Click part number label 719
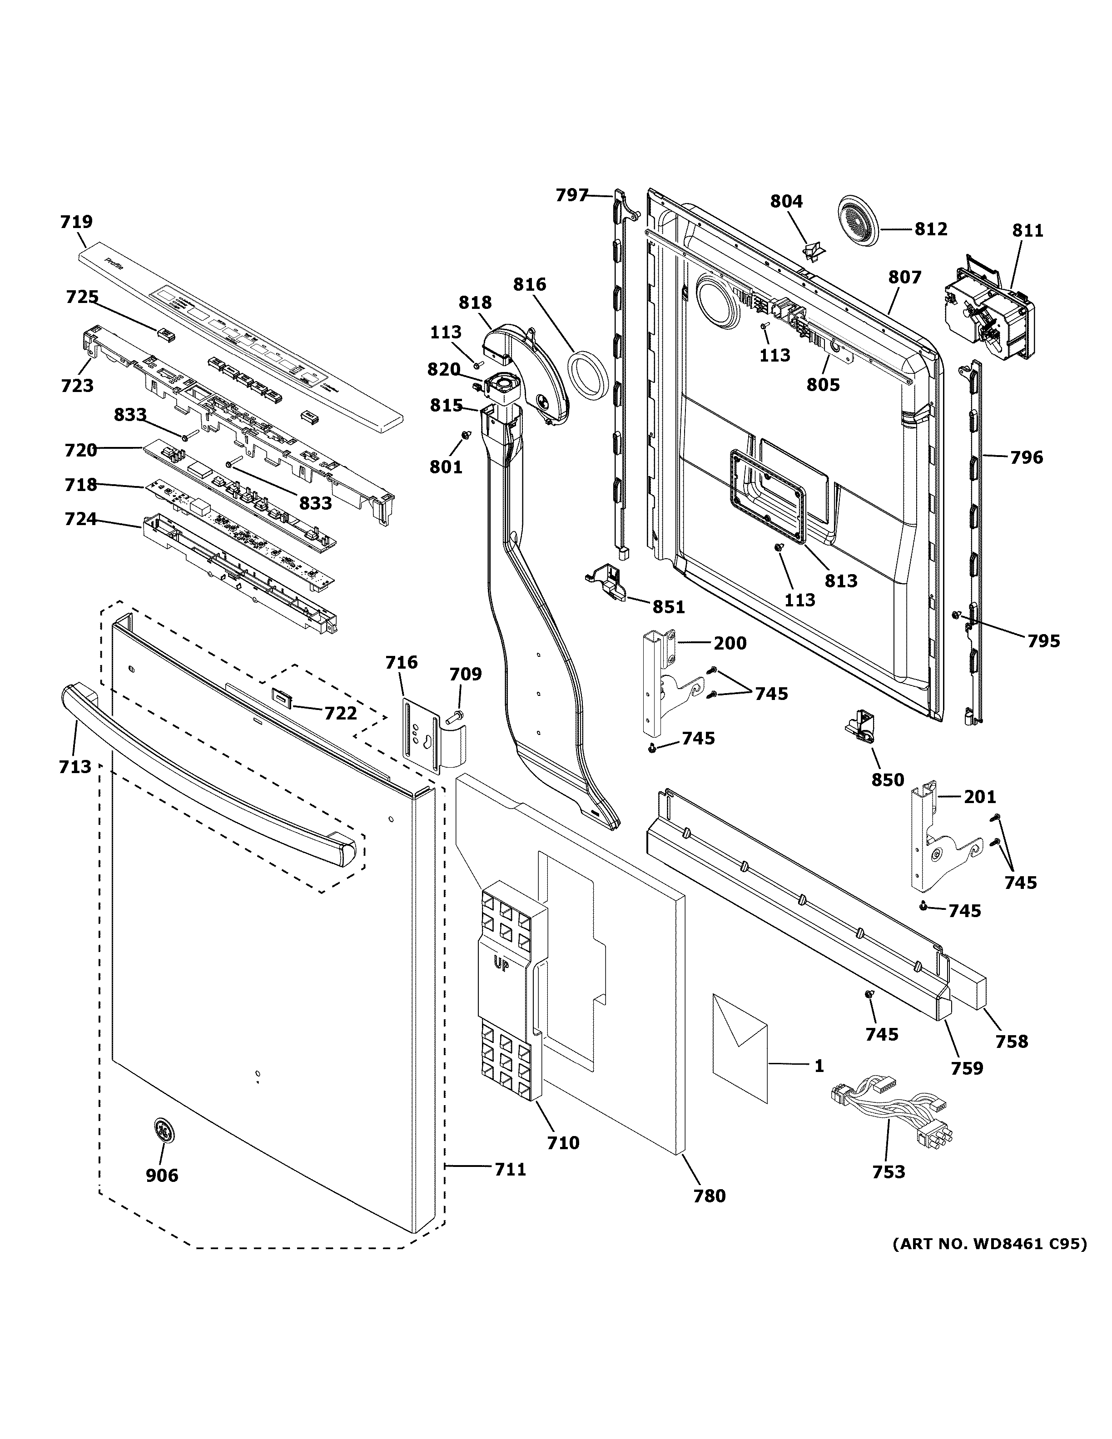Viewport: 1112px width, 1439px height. click(x=76, y=222)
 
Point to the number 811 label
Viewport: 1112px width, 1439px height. click(x=1028, y=231)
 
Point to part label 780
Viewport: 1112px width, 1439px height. click(x=709, y=1196)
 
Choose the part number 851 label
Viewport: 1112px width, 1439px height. click(x=669, y=606)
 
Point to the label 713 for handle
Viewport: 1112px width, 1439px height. click(x=74, y=766)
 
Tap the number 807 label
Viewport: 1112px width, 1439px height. click(x=904, y=278)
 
